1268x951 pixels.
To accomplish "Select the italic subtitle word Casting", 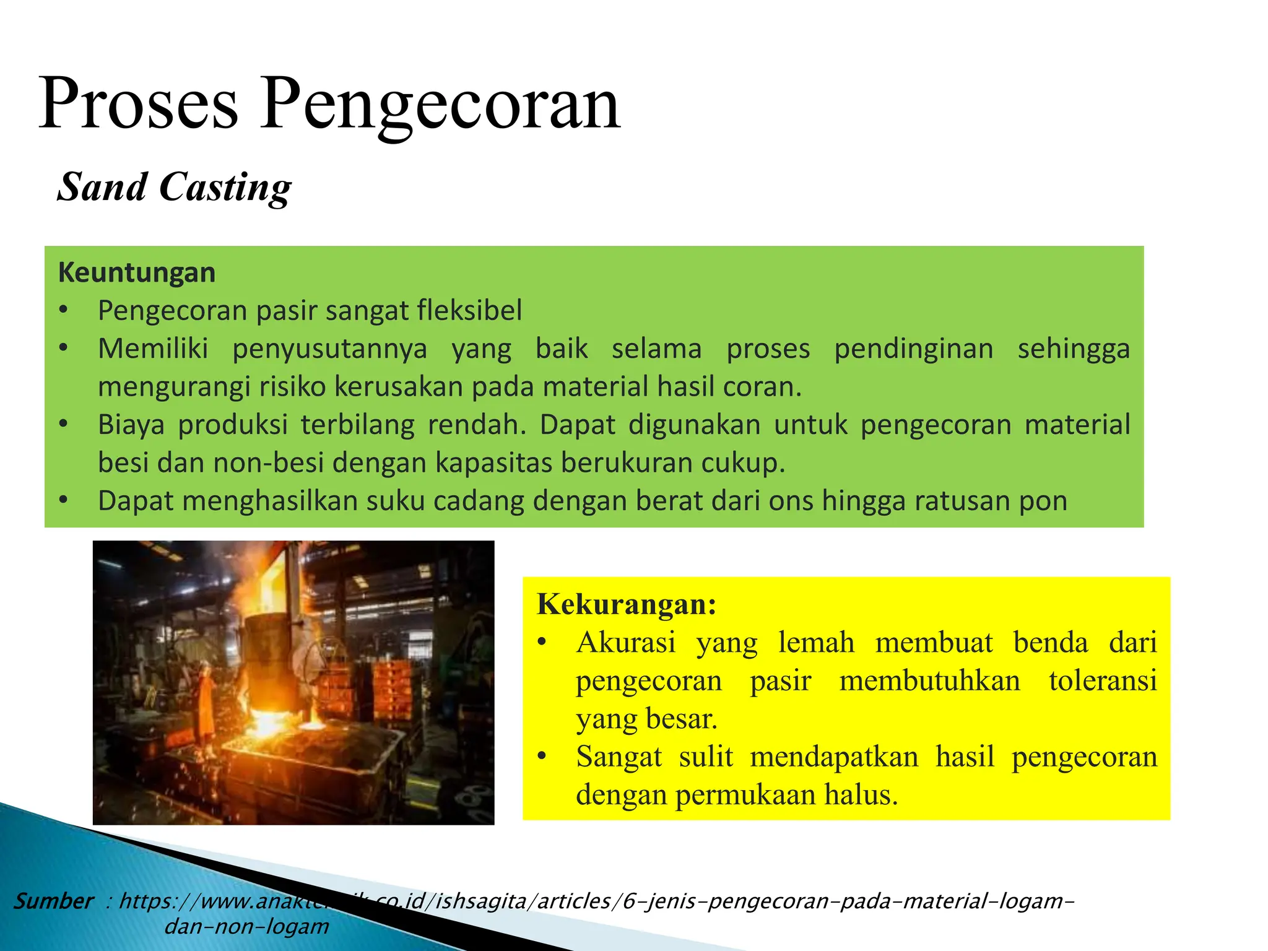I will (225, 188).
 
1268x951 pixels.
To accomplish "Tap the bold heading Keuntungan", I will (137, 273).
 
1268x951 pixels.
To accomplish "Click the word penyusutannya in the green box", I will (329, 349).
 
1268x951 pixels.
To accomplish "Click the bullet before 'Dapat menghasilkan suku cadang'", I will (63, 500).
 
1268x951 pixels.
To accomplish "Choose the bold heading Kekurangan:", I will (627, 604).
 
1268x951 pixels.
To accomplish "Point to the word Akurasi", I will (626, 643).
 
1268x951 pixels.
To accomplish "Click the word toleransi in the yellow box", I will (1103, 680).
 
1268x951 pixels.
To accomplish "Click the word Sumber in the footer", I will (54, 901).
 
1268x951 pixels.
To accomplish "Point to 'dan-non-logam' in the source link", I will (246, 927).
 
